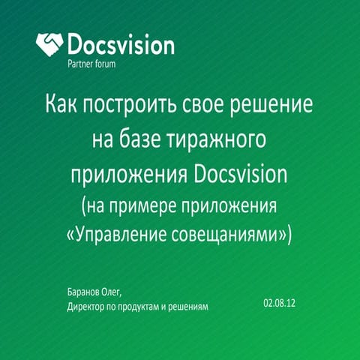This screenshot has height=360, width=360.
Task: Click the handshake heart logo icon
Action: point(50,43)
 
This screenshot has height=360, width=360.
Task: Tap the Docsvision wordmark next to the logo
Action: point(121,43)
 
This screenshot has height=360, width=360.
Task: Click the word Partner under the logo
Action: point(80,64)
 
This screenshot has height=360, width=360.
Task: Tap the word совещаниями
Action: point(236,234)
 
